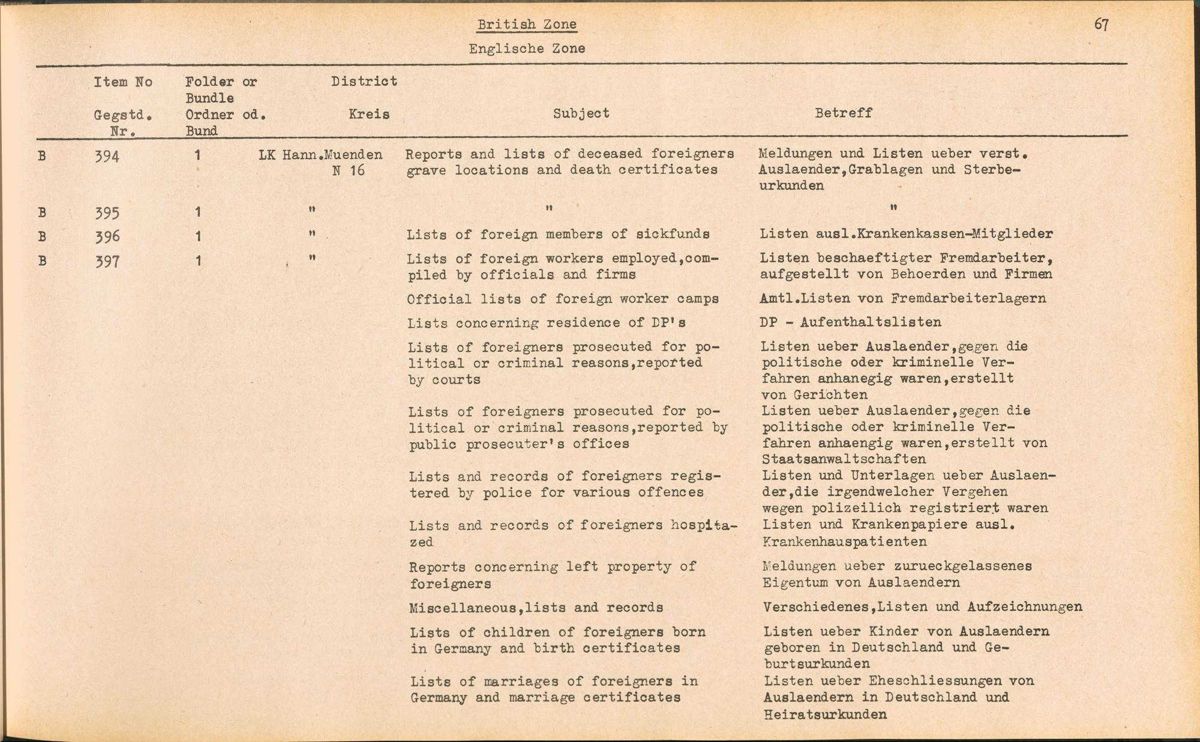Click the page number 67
pos(1102,25)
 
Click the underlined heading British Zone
pos(527,25)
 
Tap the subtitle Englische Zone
pos(527,49)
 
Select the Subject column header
pos(581,113)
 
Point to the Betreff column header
pos(843,113)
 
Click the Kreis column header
pos(369,114)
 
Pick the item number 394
pos(107,157)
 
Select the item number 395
pos(107,213)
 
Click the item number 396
pos(107,237)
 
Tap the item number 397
pos(107,261)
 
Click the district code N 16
pos(349,170)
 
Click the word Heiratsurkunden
pos(825,714)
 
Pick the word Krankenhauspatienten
pos(844,541)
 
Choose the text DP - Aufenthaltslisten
pos(850,322)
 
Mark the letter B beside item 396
pos(42,237)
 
